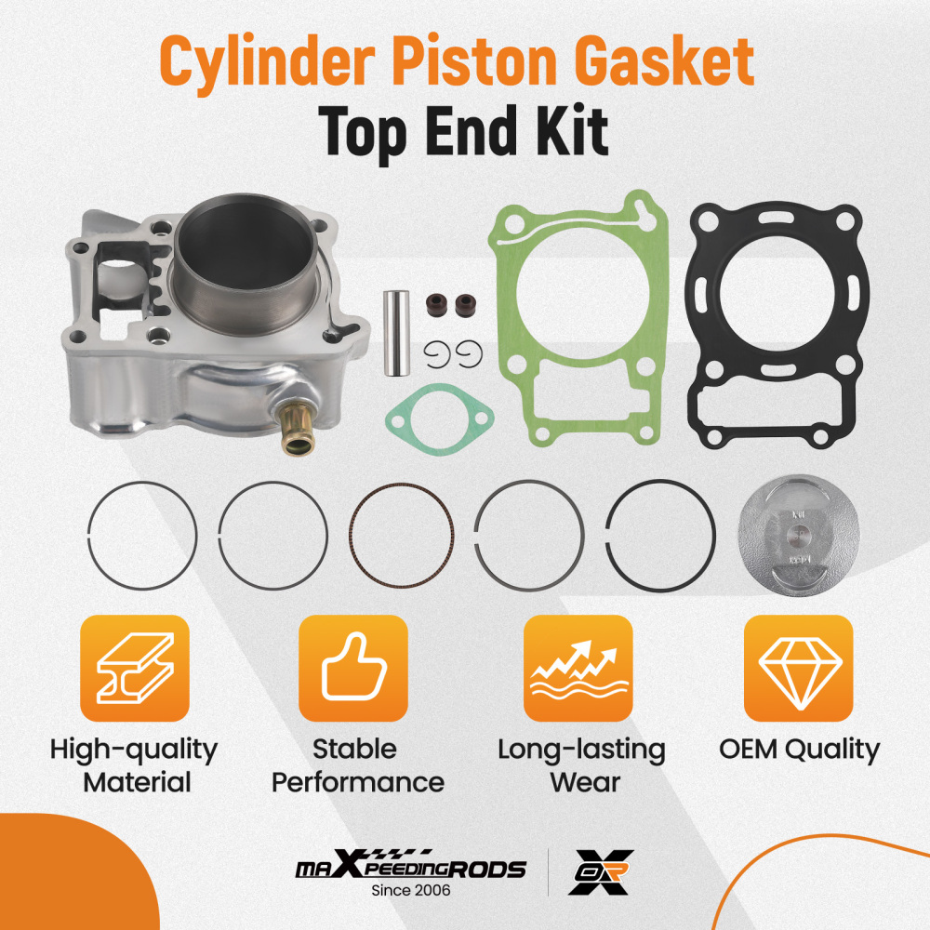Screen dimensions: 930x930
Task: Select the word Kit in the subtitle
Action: tap(573, 131)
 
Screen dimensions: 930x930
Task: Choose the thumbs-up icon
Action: tap(352, 668)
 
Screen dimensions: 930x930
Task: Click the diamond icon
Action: tap(799, 668)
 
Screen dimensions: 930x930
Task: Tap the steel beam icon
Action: tap(134, 668)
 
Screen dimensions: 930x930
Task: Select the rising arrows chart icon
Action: tap(578, 668)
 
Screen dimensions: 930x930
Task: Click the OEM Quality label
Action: tap(799, 750)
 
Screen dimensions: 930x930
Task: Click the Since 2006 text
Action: tap(410, 891)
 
